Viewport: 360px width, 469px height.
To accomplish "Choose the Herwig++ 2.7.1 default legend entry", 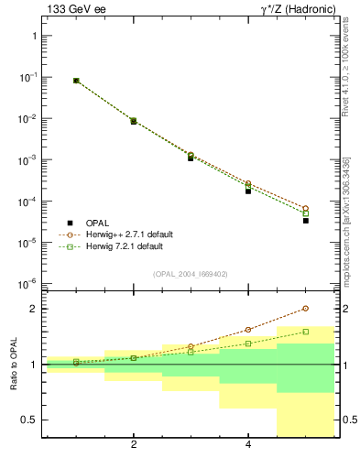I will pos(119,234).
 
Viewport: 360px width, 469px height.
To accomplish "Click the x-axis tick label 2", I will pos(134,446).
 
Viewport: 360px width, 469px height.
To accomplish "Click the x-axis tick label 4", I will pos(248,446).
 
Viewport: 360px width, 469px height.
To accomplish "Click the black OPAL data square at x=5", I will pos(306,221).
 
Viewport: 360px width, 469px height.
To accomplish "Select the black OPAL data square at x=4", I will pos(248,191).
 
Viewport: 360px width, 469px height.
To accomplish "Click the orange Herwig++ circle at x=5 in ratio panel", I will pos(306,309).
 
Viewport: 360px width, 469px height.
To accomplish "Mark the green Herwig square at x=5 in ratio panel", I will pos(306,332).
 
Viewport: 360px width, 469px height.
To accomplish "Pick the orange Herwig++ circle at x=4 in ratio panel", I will pos(248,330).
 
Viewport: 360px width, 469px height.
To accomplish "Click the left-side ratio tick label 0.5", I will pos(28,420).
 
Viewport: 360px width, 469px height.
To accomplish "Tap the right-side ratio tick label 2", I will pos(344,309).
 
